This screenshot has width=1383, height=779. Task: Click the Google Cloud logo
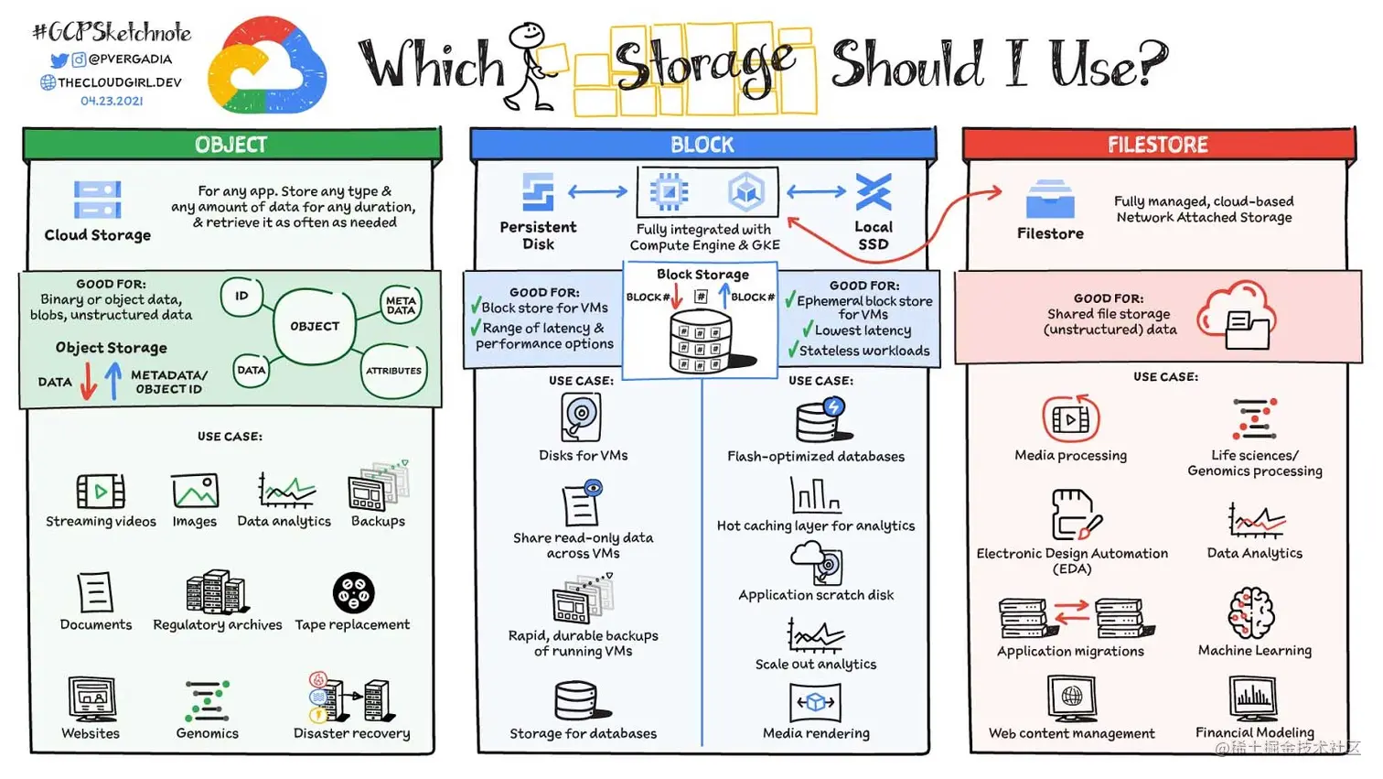(x=266, y=66)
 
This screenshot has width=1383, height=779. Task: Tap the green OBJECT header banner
(x=231, y=145)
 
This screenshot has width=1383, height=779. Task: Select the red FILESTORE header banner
(x=1158, y=145)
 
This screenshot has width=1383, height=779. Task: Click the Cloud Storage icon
(x=97, y=199)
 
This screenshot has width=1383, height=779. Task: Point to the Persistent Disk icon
(x=538, y=192)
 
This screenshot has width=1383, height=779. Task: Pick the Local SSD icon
(x=873, y=192)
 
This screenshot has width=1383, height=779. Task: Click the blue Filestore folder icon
(x=1050, y=199)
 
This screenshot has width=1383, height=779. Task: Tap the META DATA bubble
(x=401, y=305)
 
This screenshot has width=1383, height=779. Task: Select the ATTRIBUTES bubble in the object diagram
(x=393, y=371)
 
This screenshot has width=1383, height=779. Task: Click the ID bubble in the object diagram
(x=241, y=297)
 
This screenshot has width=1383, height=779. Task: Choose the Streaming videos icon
(x=101, y=492)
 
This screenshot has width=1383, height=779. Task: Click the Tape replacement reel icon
(x=353, y=593)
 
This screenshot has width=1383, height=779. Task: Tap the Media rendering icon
(x=815, y=702)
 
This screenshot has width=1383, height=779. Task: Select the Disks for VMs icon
(x=582, y=417)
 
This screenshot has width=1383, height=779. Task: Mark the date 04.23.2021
(x=112, y=101)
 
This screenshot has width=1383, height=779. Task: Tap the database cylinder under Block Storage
(x=701, y=341)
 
